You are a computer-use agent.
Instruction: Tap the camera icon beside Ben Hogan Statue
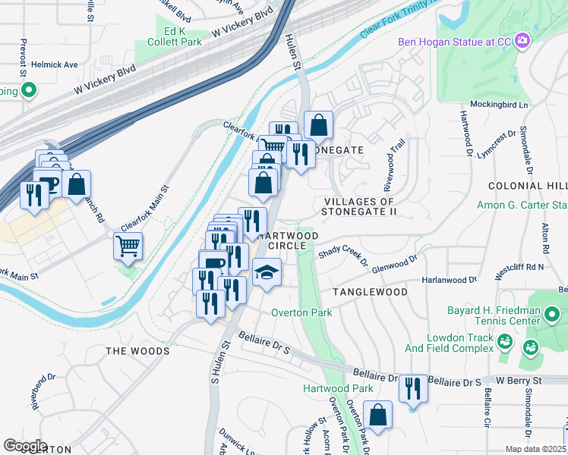pyautogui.click(x=522, y=40)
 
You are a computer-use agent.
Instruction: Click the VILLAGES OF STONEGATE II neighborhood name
pyautogui.click(x=359, y=206)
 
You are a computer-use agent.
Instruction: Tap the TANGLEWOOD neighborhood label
pyautogui.click(x=368, y=292)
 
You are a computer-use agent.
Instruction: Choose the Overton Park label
pyautogui.click(x=302, y=312)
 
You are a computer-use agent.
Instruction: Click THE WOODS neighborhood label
pyautogui.click(x=137, y=351)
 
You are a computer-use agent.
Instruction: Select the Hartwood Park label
pyautogui.click(x=338, y=388)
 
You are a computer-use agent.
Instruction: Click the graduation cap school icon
pyautogui.click(x=267, y=273)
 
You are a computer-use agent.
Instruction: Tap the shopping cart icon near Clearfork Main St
pyautogui.click(x=128, y=245)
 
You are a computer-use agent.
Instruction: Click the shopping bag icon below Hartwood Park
pyautogui.click(x=377, y=415)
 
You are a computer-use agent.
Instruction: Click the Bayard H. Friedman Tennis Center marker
pyautogui.click(x=553, y=313)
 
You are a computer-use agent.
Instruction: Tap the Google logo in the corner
pyautogui.click(x=25, y=446)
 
